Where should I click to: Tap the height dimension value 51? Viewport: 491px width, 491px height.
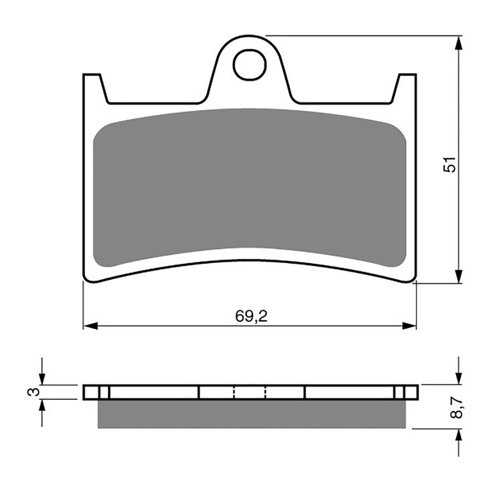point(452,163)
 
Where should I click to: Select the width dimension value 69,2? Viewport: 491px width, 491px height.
point(250,316)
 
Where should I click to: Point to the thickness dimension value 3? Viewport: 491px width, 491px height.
point(32,391)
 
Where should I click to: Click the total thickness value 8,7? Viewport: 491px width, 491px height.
point(457,406)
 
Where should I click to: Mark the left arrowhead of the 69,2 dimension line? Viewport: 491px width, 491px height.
point(89,326)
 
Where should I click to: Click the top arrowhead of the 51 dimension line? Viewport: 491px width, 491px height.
point(459,42)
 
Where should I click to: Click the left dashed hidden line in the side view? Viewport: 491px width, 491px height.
point(234,392)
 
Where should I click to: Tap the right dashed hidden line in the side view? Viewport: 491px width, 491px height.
point(265,392)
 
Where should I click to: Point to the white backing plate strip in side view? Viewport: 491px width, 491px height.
point(154,392)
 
